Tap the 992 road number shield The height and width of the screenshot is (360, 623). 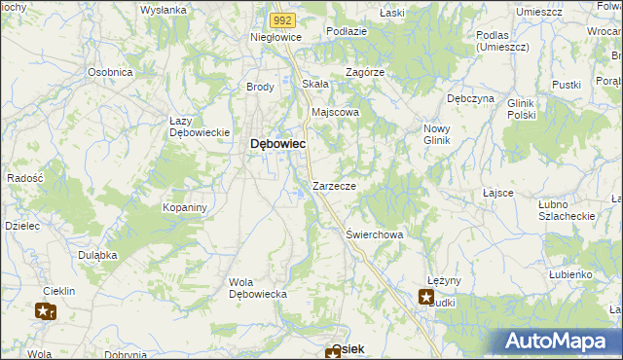coord(282,18)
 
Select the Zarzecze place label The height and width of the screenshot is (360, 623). coord(334,185)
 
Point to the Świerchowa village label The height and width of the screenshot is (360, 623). coord(375,234)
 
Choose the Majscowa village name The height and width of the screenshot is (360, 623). coord(335,112)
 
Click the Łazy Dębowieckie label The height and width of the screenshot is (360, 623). coord(199,126)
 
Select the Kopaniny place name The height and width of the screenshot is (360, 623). coord(185,208)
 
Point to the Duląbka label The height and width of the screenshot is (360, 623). coord(97,254)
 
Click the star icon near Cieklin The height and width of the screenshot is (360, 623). coord(45,311)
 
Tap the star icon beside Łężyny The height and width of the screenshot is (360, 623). coord(426,297)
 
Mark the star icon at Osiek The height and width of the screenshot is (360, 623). coord(333,353)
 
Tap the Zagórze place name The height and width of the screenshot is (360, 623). coord(366,72)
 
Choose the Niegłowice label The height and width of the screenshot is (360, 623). coord(276,37)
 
